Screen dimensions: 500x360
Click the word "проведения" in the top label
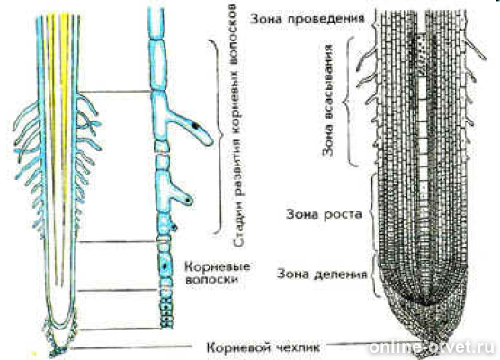tap(326, 19)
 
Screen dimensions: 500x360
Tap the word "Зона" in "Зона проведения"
tap(266, 19)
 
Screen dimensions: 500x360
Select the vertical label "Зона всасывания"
tap(328, 100)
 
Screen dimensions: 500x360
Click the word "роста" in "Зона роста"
tap(344, 214)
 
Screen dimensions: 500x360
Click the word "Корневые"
tap(218, 266)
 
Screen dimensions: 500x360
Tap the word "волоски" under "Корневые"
tap(211, 280)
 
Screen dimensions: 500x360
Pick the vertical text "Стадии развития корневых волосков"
tap(238, 126)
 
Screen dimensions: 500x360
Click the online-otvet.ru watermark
tap(433, 346)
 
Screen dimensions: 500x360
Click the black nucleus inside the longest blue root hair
tap(195, 126)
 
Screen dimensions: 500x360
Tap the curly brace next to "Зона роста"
tap(372, 213)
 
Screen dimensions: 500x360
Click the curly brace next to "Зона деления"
tap(375, 275)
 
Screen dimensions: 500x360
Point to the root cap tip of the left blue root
tap(58, 351)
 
